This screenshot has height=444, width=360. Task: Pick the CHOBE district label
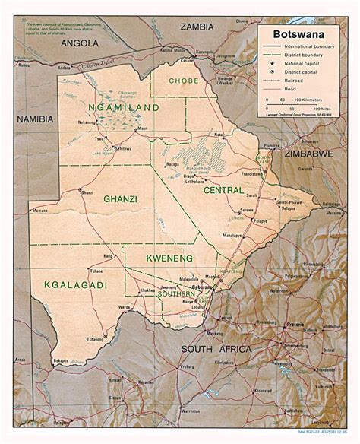(184, 79)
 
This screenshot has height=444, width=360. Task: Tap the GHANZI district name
(120, 199)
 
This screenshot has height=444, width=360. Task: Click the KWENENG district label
(170, 259)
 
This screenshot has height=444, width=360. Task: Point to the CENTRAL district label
(223, 191)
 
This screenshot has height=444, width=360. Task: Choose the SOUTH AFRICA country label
(216, 349)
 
